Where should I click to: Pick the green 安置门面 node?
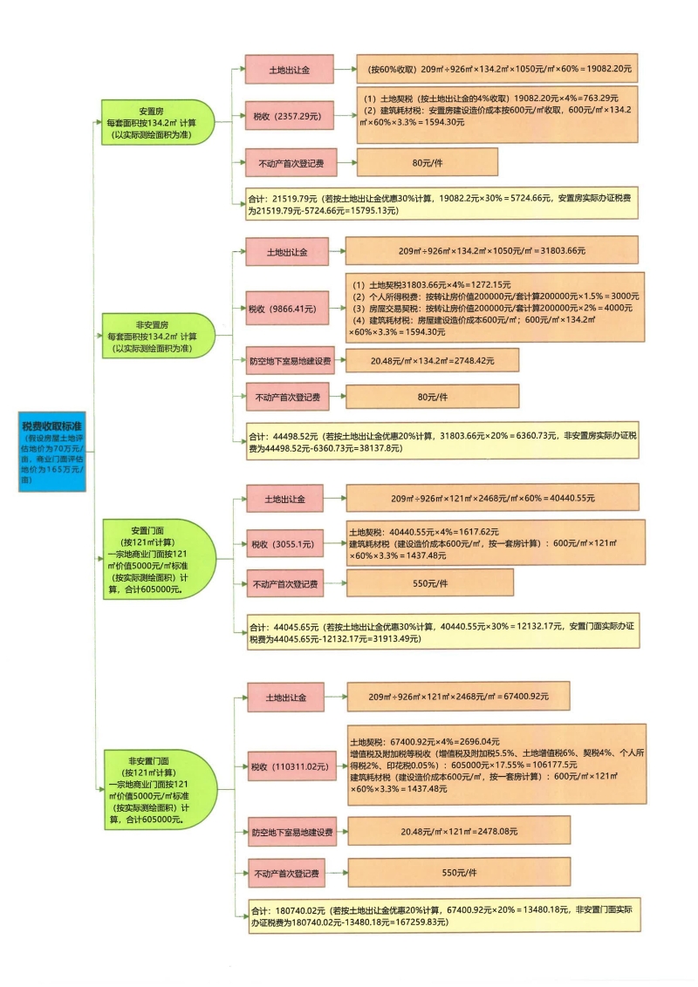pos(158,559)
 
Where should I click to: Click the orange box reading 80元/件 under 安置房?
pos(427,162)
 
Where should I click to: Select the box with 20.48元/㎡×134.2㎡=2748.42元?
pos(432,360)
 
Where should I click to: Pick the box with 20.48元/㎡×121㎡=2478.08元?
pos(458,832)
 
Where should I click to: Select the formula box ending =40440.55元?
pos(492,498)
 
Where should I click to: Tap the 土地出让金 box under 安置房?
pos(289,69)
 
